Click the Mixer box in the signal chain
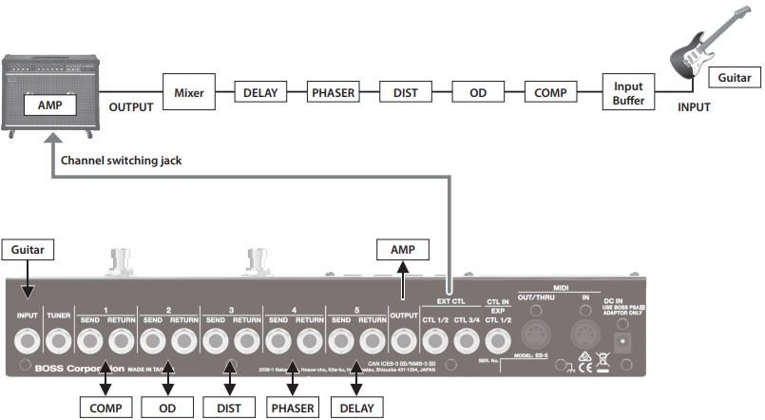pos(190,93)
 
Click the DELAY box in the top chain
pos(260,93)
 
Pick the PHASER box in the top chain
pos(332,93)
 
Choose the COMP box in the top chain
pos(551,93)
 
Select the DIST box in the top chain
pos(405,93)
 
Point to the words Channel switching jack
pos(121,161)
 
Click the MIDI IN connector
pos(584,338)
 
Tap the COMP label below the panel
pos(105,408)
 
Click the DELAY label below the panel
pos(357,408)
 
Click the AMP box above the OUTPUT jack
pos(403,249)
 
